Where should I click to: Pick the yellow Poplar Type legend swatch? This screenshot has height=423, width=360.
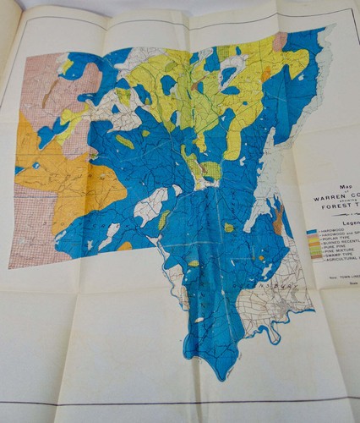pos(313,243)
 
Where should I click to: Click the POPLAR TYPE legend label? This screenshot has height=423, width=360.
pos(337,242)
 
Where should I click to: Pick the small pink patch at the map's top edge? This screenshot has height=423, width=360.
pos(280,40)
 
